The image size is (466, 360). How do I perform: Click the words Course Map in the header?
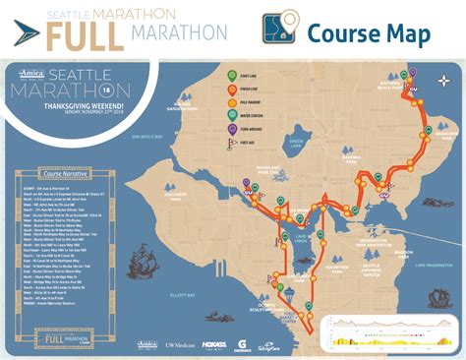(368, 32)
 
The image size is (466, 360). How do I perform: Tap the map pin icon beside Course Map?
(280, 29)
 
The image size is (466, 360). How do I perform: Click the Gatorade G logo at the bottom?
(242, 343)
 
